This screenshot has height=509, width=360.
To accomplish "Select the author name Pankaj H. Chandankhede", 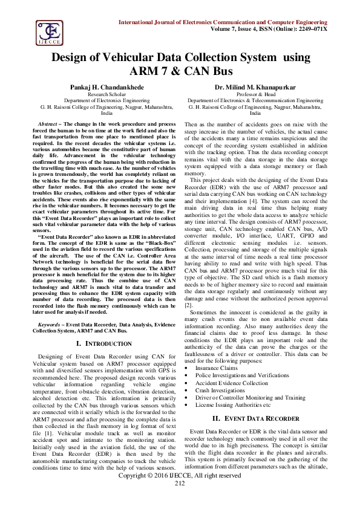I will [106, 87].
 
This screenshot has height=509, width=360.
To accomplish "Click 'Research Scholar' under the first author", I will [106, 94].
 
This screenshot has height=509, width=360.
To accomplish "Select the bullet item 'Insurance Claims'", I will [216, 368].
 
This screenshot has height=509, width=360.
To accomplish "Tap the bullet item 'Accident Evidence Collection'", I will [231, 383].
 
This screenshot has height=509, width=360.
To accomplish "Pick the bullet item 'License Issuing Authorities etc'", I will [233, 406].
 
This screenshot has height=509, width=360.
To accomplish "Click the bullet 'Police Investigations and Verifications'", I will [243, 375].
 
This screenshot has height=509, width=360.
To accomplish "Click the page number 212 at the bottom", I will [180, 501].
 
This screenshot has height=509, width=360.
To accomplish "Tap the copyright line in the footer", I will [180, 493].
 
